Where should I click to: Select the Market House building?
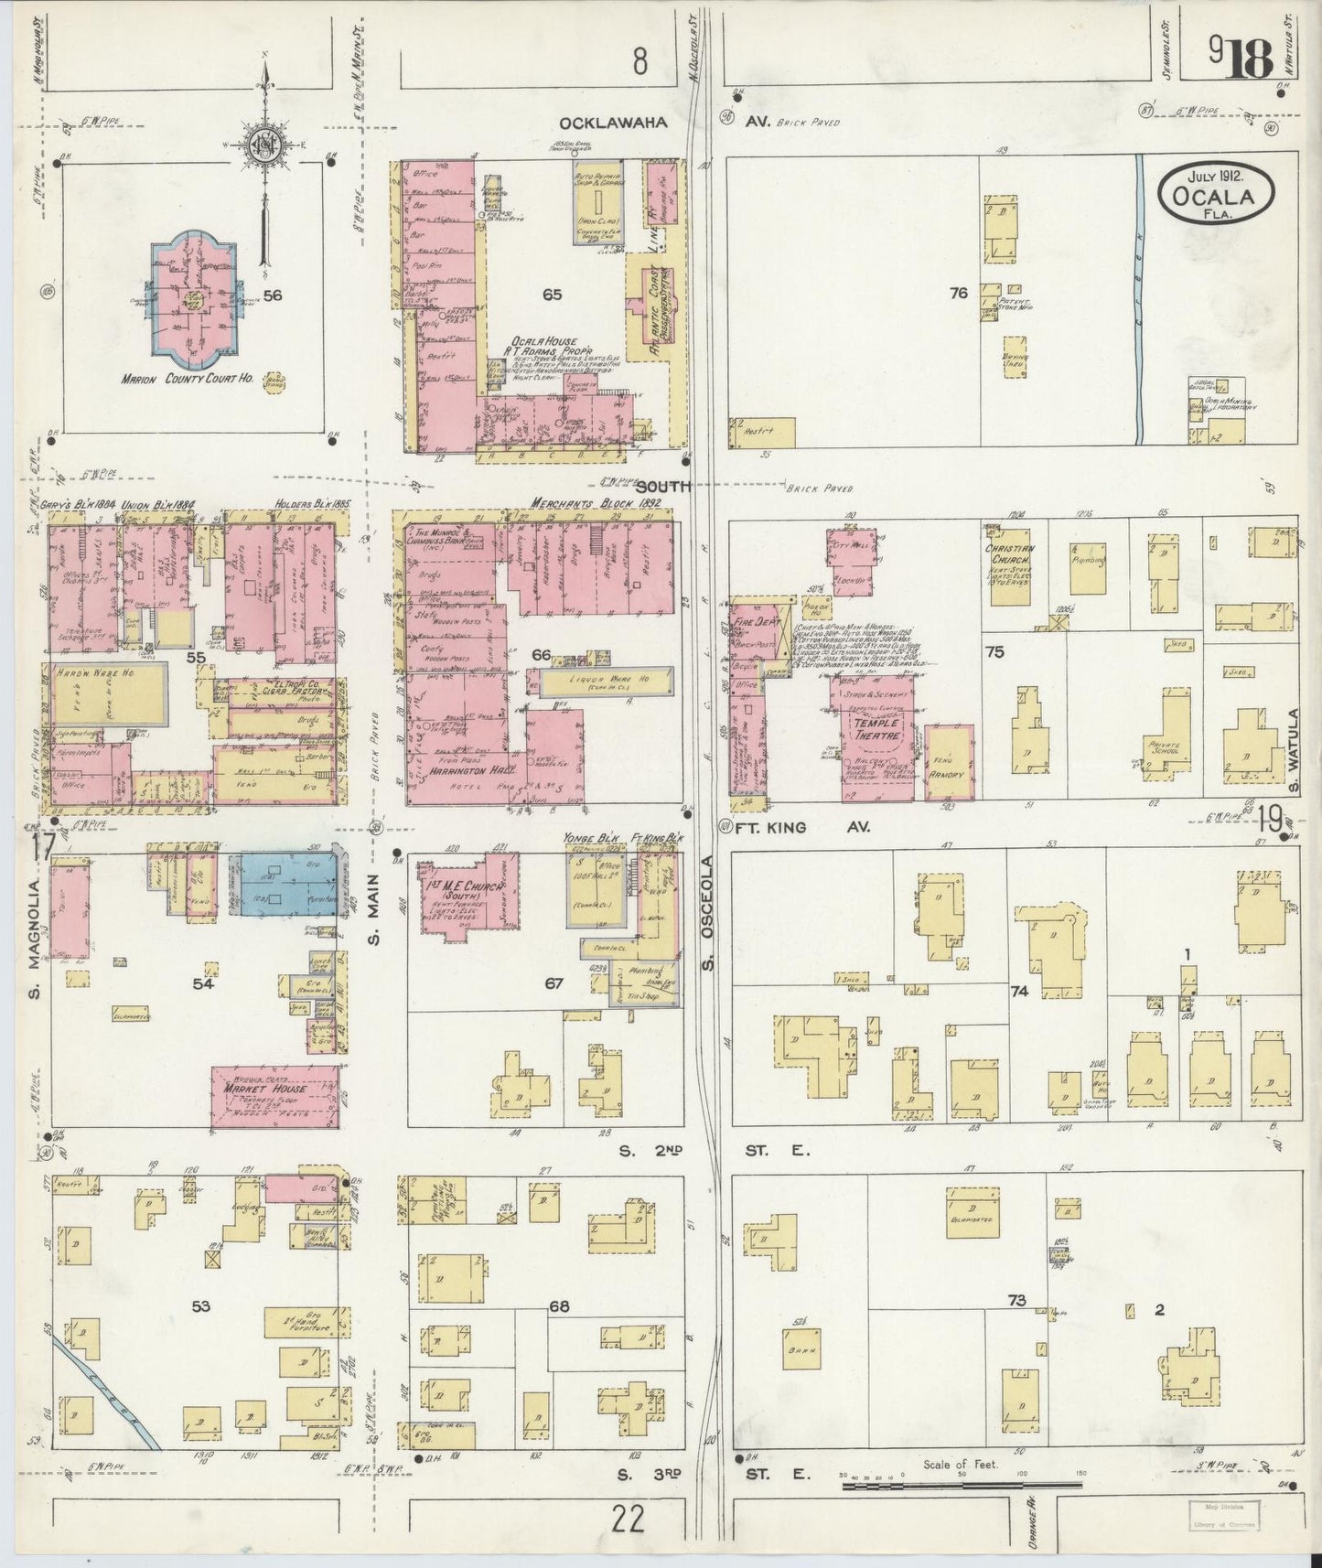273,1096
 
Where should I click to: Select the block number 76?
958,294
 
